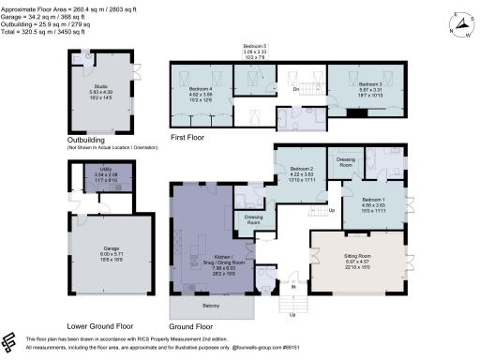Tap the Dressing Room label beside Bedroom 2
pyautogui.click(x=345, y=161)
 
